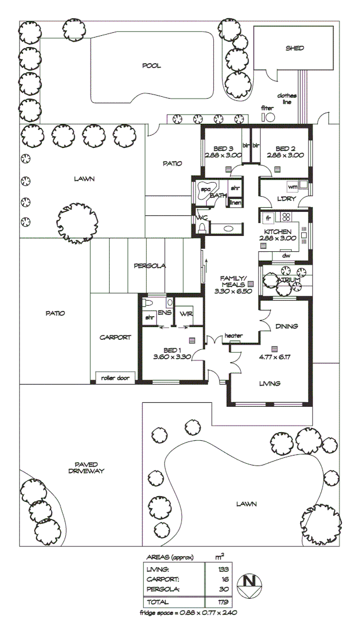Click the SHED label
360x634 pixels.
[x=294, y=48]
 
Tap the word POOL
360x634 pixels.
[x=151, y=66]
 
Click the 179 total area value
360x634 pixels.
[x=223, y=602]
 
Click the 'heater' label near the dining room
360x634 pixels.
[x=234, y=336]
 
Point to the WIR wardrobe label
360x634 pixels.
[x=186, y=313]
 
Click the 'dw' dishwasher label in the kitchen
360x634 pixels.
[x=286, y=255]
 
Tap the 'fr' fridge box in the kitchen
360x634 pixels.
[x=268, y=218]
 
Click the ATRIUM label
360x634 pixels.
[x=288, y=279]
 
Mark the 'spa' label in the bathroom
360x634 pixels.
[x=206, y=190]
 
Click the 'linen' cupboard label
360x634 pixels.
[x=235, y=203]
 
